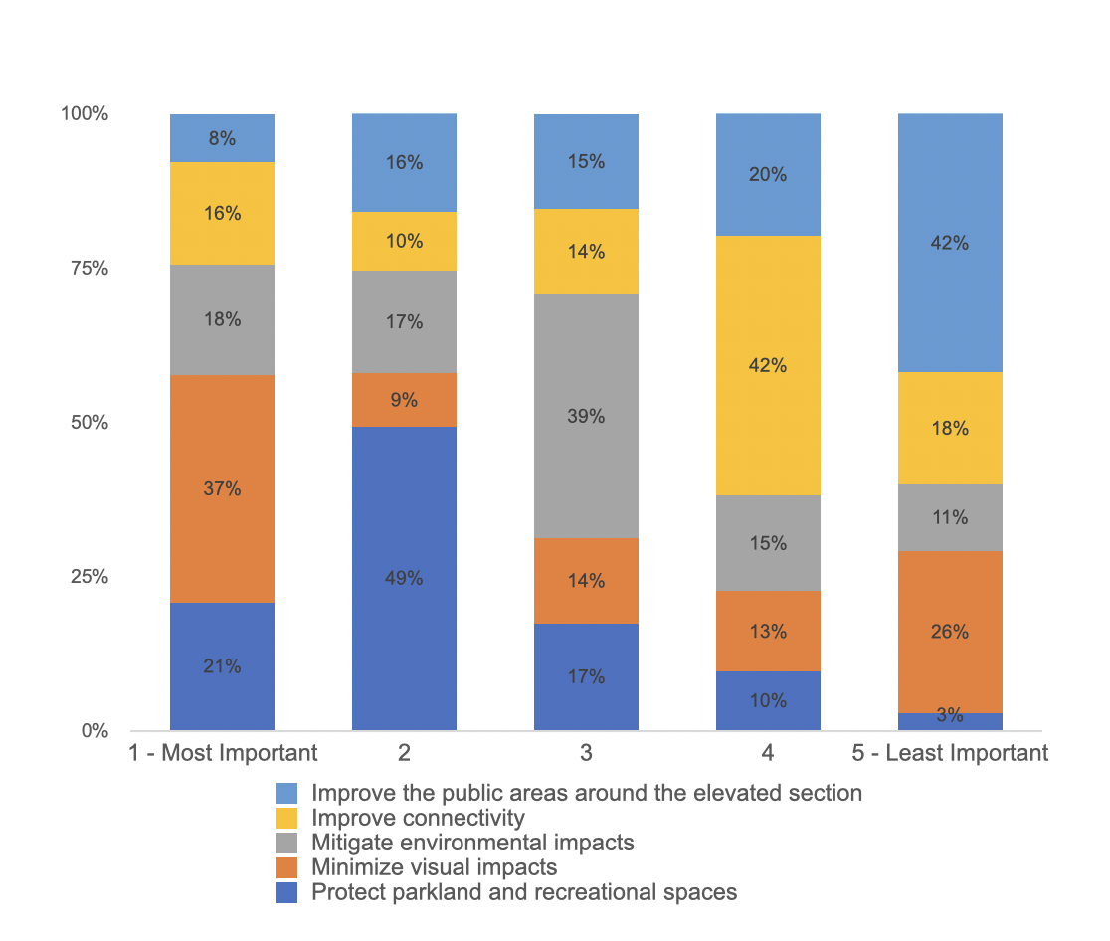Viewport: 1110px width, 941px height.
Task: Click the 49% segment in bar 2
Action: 404,578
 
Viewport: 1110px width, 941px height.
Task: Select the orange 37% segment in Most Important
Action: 222,488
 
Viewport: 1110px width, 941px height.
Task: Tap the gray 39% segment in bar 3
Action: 586,416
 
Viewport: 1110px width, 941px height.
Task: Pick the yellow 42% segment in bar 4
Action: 768,365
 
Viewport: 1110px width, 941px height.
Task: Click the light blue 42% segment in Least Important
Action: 950,243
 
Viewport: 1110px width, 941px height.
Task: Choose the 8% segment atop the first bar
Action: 222,138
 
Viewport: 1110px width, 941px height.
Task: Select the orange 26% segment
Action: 950,632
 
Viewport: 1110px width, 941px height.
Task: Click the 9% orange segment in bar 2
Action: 404,400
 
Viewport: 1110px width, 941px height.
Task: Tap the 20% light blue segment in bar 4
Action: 768,175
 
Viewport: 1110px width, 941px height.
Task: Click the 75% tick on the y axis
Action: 89,269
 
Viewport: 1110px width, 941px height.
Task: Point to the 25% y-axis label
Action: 89,577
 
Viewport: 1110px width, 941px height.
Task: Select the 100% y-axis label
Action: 85,114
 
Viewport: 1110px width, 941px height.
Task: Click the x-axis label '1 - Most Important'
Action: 223,753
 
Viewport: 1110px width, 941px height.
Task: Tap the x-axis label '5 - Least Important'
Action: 950,753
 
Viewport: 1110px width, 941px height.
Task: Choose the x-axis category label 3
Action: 586,753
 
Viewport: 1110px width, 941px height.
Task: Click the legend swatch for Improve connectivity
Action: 286,818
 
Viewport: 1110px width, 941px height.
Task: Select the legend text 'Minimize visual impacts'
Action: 434,867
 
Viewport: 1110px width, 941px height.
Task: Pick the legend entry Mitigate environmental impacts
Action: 472,843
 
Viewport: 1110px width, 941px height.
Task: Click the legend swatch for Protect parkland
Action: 286,892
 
